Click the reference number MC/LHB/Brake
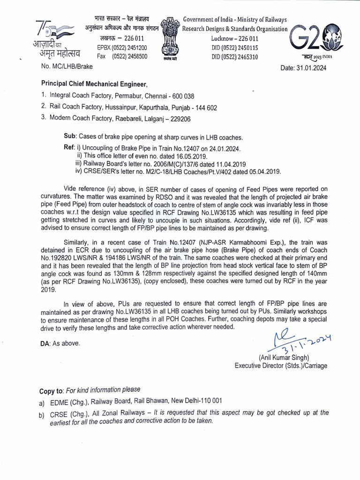coord(70,67)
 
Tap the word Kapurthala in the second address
coord(150,107)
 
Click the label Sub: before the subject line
coord(70,137)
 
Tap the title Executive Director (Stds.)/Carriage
coord(281,366)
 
